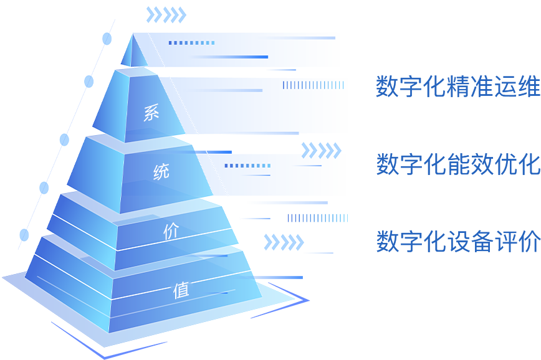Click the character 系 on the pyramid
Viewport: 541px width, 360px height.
click(x=151, y=113)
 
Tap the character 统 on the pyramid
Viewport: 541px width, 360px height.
click(x=161, y=172)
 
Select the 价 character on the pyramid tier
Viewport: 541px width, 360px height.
click(x=171, y=232)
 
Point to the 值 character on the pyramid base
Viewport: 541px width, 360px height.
click(x=181, y=290)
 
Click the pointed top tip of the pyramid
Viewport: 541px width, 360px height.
click(x=132, y=36)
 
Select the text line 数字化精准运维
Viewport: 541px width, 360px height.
click(x=458, y=87)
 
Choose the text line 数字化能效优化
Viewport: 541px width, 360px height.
click(x=458, y=164)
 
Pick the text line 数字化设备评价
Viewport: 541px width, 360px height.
click(x=458, y=242)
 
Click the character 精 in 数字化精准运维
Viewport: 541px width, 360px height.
click(x=458, y=87)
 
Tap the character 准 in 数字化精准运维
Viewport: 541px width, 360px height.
click(x=482, y=87)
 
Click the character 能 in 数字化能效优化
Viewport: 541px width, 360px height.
click(x=458, y=164)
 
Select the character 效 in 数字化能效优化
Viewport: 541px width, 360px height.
click(x=482, y=164)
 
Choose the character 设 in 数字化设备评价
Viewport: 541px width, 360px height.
click(x=458, y=242)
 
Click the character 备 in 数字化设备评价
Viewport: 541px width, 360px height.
click(x=482, y=242)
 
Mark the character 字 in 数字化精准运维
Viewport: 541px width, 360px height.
click(x=411, y=87)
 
